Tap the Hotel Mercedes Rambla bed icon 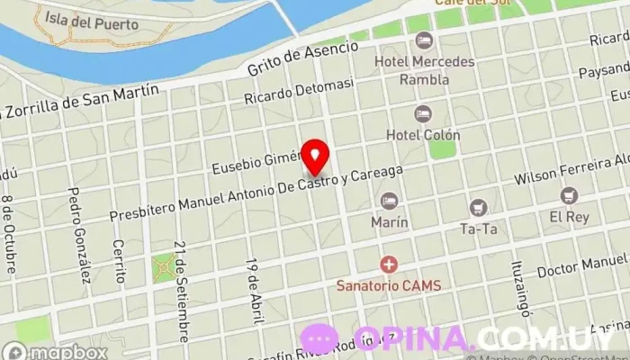pos(423,41)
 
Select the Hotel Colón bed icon pos(422,114)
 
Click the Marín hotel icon pos(389,201)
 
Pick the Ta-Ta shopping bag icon pos(478,208)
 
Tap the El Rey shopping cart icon pos(569,194)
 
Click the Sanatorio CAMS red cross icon pos(389,265)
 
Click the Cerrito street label pos(118,260)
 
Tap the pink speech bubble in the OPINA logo pos(319,339)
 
